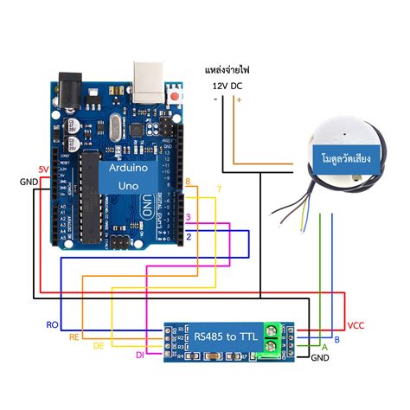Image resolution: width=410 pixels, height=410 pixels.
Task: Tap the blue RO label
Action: pos(51,325)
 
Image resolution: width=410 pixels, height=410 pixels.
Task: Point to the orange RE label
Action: pos(75,336)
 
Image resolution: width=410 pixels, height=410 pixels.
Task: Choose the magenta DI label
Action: pos(138,355)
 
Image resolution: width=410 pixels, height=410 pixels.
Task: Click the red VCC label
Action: pos(356,325)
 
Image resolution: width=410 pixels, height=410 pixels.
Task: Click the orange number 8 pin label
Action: pos(188,181)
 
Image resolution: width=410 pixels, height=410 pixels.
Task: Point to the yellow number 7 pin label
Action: pos(219,189)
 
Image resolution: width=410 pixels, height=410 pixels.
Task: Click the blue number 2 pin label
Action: pos(188,235)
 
